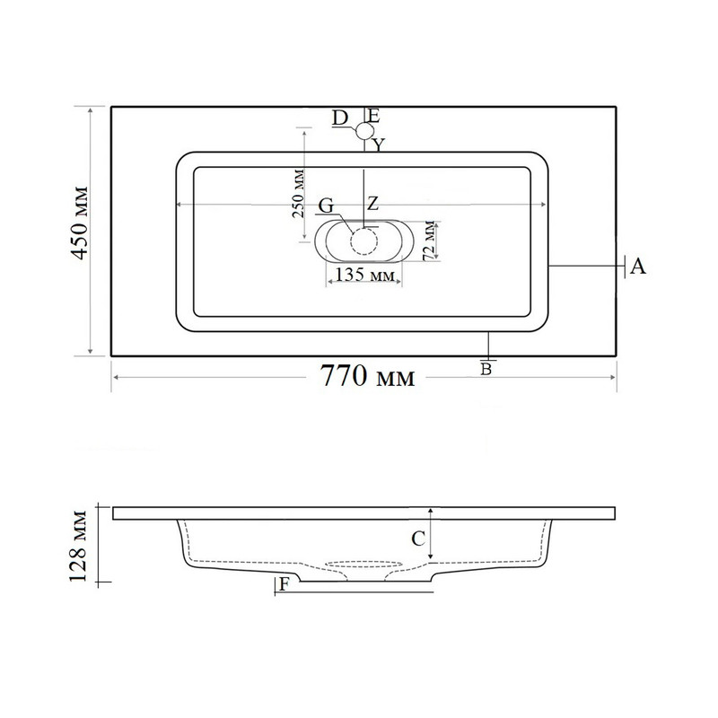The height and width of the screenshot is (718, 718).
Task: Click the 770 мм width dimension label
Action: coord(367,376)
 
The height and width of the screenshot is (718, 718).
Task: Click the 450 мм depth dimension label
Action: coord(80,223)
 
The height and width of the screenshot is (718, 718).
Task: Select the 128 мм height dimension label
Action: coord(78,546)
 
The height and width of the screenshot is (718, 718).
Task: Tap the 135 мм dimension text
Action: coord(364,275)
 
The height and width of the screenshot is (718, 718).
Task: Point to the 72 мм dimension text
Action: coord(429,241)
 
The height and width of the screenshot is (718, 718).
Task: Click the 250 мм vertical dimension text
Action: coord(298,193)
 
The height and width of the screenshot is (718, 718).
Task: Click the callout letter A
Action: coord(637,266)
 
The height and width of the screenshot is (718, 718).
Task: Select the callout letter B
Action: coord(486,369)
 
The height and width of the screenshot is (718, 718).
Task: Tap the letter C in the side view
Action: coord(418,539)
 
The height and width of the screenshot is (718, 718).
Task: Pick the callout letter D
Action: coord(340,118)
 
